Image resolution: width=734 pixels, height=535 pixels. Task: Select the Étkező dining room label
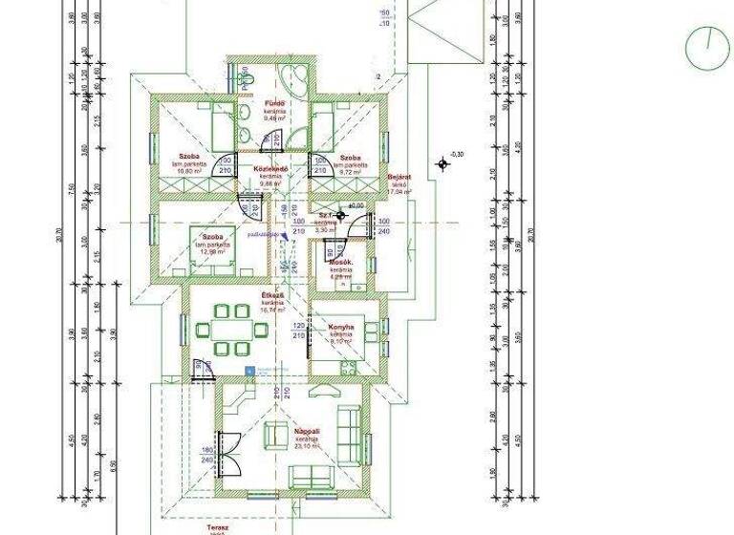(x=272, y=295)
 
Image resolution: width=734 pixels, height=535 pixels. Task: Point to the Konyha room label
(x=342, y=327)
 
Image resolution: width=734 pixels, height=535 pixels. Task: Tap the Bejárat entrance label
(x=399, y=178)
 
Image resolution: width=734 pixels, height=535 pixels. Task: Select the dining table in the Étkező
(x=232, y=330)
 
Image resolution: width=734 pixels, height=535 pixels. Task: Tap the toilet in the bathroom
(x=246, y=75)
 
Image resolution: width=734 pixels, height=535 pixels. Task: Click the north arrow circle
(x=707, y=49)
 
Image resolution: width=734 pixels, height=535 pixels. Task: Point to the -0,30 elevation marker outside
(x=443, y=163)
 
